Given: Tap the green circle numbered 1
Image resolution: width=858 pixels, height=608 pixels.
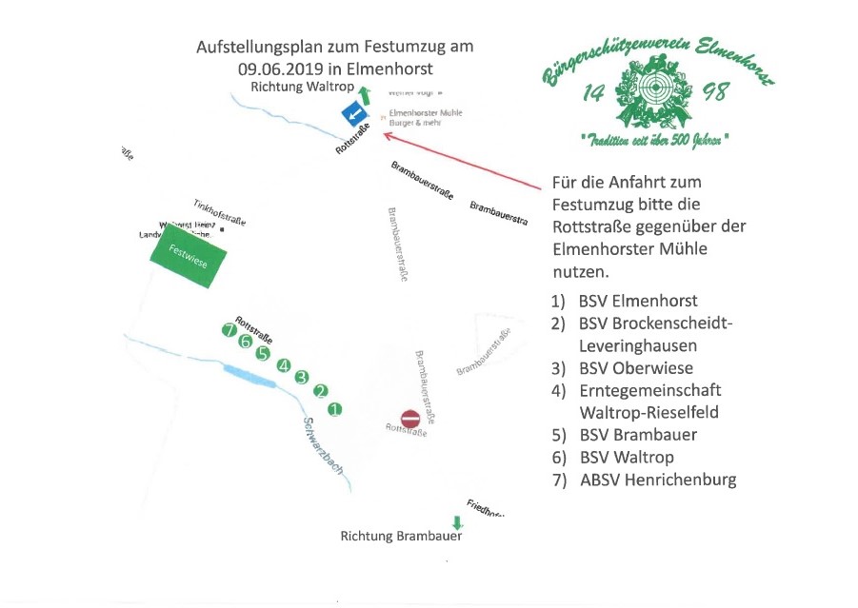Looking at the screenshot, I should coord(334,409).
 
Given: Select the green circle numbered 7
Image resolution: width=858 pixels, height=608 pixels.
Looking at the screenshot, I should coord(228,330).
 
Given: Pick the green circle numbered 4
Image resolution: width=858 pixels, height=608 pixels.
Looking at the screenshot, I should coord(283,365).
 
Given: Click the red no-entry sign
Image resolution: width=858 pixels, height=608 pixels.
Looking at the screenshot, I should coord(410,419).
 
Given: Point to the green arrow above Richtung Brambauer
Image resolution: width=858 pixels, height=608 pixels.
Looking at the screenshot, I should coord(456,522).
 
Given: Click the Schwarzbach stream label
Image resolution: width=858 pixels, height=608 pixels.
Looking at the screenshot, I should coord(323,446).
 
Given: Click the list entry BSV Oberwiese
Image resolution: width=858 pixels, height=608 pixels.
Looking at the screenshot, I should coord(636,368).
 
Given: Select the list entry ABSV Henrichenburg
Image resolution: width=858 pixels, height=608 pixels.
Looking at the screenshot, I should coord(657,480).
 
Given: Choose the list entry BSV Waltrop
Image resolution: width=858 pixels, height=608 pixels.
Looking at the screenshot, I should coord(627,457).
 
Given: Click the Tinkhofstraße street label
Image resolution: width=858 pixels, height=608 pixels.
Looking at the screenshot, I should coord(219,212).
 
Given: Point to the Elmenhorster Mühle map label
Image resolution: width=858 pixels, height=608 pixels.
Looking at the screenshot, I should coord(426,113).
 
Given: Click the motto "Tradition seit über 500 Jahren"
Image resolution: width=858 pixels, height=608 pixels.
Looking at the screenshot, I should coord(654,140).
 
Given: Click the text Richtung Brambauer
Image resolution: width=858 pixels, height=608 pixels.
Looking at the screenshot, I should coord(401,537).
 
